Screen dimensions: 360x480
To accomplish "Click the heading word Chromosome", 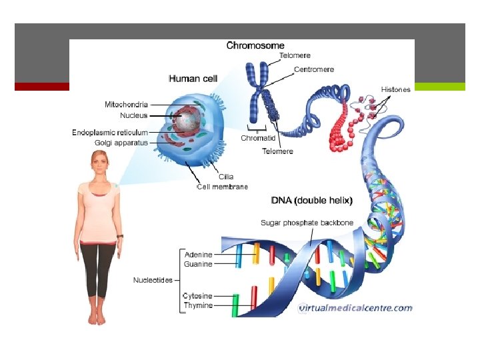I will [x=256, y=46].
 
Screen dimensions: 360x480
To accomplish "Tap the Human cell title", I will [x=193, y=79].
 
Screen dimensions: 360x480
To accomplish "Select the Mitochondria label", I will [x=127, y=105].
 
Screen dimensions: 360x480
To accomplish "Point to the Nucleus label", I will [x=134, y=115].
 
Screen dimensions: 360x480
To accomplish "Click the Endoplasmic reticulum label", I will [x=110, y=133].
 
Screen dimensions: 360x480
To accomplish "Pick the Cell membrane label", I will [x=222, y=187].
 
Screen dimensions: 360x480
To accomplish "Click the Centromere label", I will [x=314, y=69].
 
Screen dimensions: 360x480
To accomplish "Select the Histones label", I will [x=396, y=89].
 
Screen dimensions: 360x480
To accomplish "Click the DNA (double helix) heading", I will [x=312, y=200].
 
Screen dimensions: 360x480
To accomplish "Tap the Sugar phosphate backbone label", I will [x=307, y=222].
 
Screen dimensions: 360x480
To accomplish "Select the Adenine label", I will [x=198, y=254].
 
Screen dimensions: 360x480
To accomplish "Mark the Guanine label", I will [x=198, y=264].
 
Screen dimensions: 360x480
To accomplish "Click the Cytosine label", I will [x=198, y=296].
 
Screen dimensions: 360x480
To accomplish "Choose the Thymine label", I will [x=198, y=305].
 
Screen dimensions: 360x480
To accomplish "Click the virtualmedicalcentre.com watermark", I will [x=355, y=308].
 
